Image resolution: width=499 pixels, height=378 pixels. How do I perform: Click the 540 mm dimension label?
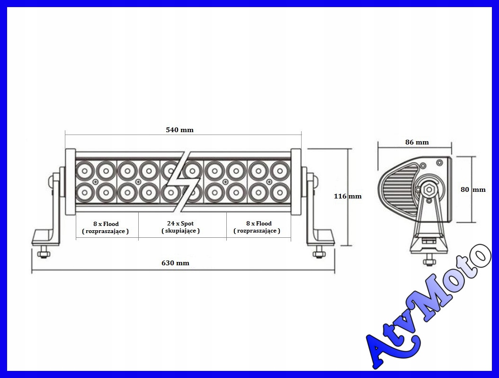(x=179, y=130)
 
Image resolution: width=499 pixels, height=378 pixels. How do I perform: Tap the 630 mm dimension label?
(x=175, y=263)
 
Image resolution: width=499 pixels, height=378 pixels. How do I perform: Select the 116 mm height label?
(x=348, y=196)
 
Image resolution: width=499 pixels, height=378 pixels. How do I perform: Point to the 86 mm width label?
(x=417, y=142)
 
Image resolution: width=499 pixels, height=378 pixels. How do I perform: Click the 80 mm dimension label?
(x=473, y=189)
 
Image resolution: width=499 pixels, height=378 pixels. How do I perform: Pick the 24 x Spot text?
(x=180, y=224)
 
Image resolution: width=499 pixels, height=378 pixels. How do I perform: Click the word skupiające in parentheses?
(x=180, y=231)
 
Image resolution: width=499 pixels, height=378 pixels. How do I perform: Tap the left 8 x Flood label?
(x=106, y=224)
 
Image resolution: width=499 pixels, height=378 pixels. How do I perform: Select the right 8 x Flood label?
(x=258, y=224)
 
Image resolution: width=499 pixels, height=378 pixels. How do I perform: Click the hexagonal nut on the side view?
(x=429, y=189)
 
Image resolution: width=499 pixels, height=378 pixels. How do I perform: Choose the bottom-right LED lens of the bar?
(x=280, y=192)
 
